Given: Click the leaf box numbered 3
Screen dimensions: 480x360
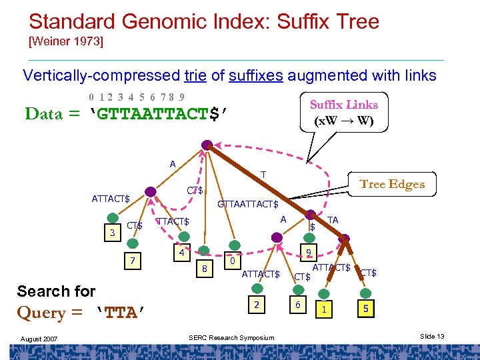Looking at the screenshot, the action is (x=113, y=233).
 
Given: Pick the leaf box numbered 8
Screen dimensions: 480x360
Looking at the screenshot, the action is (x=205, y=269).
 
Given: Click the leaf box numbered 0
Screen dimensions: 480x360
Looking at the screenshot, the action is (x=232, y=262).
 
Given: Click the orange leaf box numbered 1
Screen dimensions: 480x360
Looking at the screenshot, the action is (x=324, y=309).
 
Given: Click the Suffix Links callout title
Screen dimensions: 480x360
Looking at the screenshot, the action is (x=343, y=105).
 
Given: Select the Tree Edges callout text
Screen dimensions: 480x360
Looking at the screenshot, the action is (x=392, y=185).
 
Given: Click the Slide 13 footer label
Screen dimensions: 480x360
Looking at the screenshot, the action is (x=432, y=337).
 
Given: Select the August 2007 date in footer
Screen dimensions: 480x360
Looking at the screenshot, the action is (x=38, y=339).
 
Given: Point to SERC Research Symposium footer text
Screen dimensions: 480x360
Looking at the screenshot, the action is (x=231, y=337).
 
